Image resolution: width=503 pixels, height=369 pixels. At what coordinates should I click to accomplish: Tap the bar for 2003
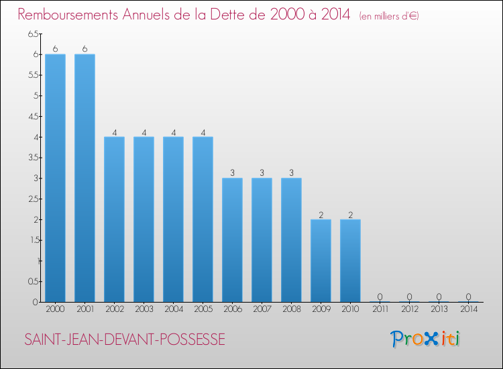tap(144, 219)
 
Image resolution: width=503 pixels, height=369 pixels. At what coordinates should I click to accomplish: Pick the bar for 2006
tap(232, 240)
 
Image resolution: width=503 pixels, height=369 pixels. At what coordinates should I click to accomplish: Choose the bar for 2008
tap(291, 240)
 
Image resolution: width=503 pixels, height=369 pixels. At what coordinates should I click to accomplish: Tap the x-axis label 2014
tap(468, 309)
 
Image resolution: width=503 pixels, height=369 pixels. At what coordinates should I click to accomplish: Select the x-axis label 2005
tap(203, 309)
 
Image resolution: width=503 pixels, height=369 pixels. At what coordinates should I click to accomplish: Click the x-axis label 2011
tap(380, 309)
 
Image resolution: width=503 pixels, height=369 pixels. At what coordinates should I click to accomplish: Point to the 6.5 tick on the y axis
tap(33, 34)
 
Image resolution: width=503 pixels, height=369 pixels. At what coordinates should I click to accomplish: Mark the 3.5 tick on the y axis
tap(33, 158)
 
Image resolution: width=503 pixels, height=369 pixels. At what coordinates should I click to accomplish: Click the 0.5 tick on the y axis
tap(33, 282)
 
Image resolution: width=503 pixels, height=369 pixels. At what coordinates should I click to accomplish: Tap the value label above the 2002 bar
tap(114, 131)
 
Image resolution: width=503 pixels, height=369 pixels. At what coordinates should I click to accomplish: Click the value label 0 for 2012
tap(409, 297)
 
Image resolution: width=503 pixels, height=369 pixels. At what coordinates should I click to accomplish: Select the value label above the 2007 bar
tap(262, 172)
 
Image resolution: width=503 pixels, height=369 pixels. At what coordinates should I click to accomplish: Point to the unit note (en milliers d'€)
tap(389, 15)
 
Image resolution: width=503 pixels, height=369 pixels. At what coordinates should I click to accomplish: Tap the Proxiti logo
tap(426, 339)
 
